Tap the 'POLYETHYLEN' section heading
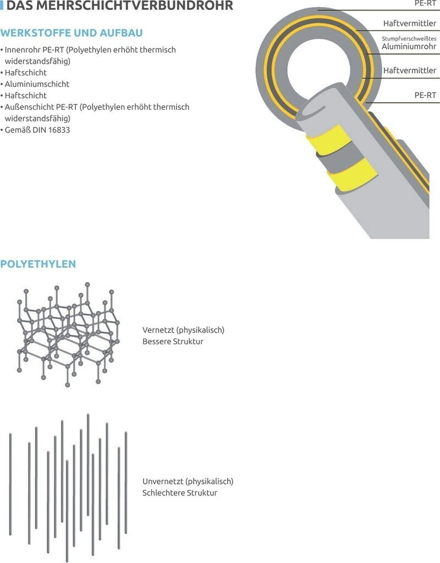38,264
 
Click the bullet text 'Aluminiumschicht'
37,84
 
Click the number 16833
59,130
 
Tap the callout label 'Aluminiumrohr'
409,47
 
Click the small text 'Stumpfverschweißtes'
409,38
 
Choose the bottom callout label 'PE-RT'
425,95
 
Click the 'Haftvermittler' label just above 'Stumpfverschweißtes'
410,24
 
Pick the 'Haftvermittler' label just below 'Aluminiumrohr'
410,71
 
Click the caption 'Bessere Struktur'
173,341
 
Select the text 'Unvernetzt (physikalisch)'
188,481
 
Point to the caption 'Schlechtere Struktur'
179,493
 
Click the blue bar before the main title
2,7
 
